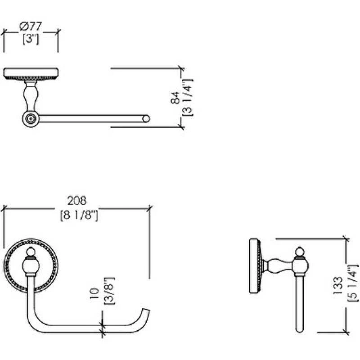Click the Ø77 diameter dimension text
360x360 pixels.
pyautogui.click(x=31, y=26)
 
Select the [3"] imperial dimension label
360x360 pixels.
pyautogui.click(x=31, y=39)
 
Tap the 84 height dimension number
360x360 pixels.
pyautogui.click(x=175, y=98)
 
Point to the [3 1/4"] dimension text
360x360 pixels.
pyautogui.click(x=188, y=98)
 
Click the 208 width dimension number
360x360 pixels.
pyautogui.click(x=77, y=201)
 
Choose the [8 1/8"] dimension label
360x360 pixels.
pyautogui.click(x=79, y=216)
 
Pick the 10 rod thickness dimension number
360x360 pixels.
pyautogui.click(x=94, y=294)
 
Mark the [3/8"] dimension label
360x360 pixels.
pyautogui.click(x=109, y=291)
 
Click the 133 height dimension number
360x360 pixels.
pyautogui.click(x=338, y=286)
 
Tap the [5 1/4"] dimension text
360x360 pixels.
pyautogui.click(x=353, y=283)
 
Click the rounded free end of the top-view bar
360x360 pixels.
pyautogui.click(x=146, y=119)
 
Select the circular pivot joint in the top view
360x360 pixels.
pyautogui.click(x=31, y=119)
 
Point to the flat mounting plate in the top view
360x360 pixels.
pyautogui.click(x=31, y=73)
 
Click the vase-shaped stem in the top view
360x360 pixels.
pyautogui.click(x=31, y=96)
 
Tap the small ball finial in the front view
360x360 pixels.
pyautogui.click(x=31, y=252)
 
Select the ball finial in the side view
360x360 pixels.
pyautogui.click(x=299, y=252)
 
